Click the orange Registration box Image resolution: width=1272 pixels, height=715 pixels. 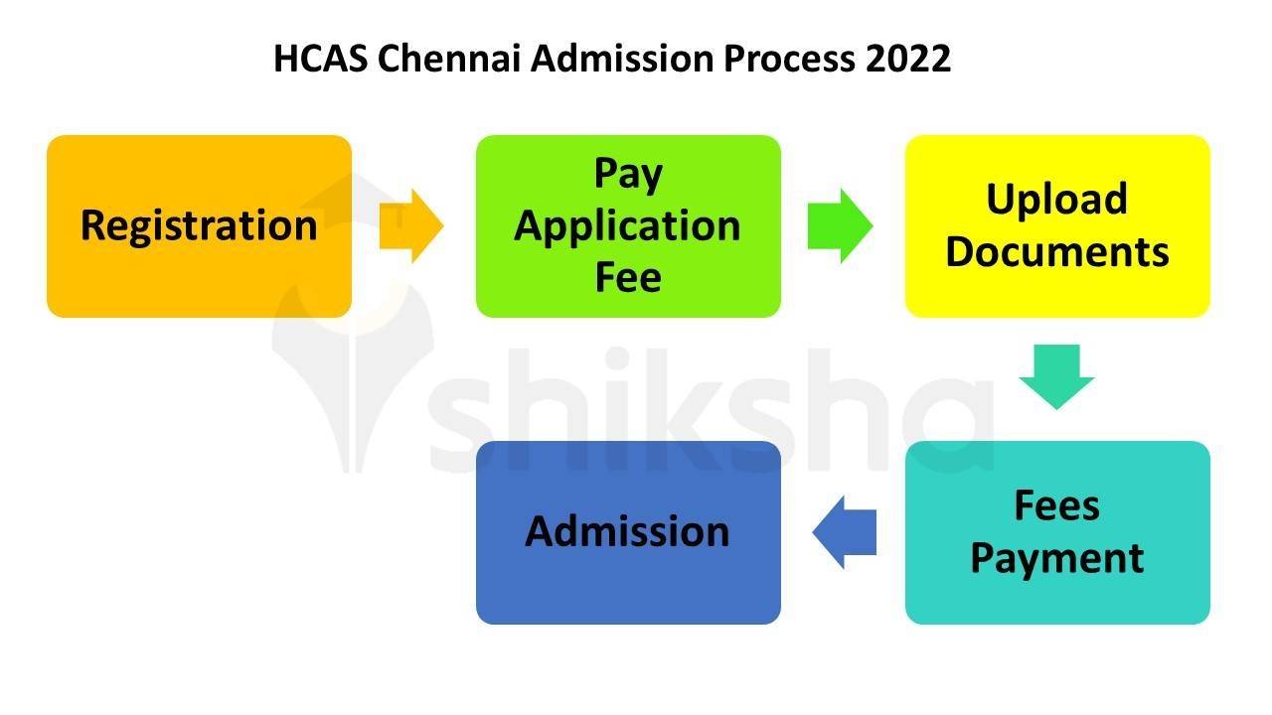(199, 226)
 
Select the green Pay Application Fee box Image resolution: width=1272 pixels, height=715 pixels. (628, 226)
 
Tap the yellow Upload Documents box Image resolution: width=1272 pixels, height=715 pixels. (1057, 226)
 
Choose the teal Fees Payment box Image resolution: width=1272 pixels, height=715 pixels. (1057, 532)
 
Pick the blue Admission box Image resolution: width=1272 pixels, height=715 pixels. (628, 532)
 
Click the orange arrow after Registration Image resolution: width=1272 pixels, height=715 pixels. (411, 226)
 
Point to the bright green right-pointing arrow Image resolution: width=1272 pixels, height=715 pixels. (840, 226)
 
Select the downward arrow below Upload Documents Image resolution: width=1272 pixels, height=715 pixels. (1056, 376)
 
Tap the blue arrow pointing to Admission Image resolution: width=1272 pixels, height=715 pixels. (845, 532)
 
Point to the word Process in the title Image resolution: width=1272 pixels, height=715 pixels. (788, 60)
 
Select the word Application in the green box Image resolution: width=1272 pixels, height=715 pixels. (628, 226)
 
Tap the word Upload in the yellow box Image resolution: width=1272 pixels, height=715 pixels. (1056, 200)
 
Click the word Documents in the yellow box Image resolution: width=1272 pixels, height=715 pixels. (1057, 252)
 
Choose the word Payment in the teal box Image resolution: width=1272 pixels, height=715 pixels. (1057, 558)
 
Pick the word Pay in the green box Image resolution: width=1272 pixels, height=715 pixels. (628, 175)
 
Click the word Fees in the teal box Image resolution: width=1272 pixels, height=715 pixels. (1056, 505)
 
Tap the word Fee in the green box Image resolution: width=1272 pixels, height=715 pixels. (628, 278)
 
